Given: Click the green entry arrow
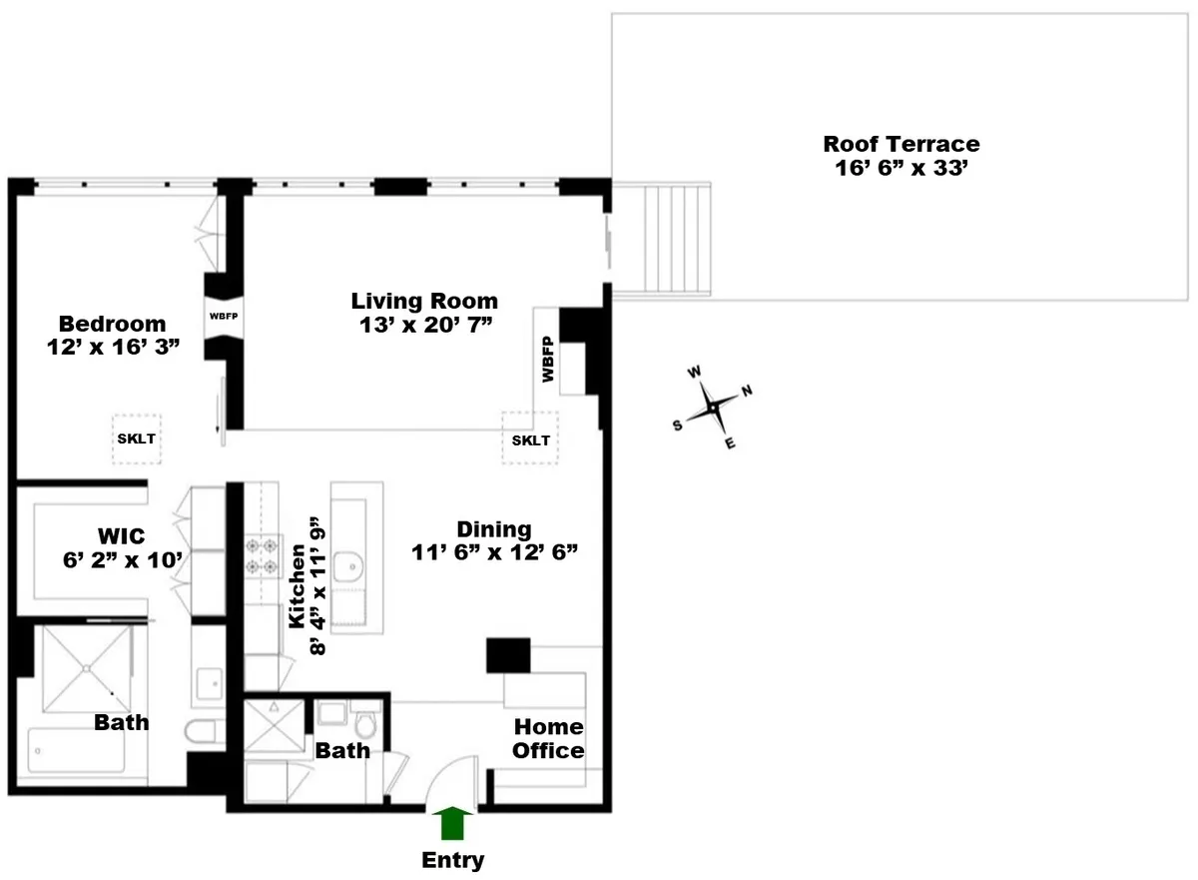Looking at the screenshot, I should coord(453,824).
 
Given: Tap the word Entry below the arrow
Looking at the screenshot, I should coord(453,860).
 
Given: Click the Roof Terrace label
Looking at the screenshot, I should coord(900,144).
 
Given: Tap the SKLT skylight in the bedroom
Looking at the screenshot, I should coord(138,439).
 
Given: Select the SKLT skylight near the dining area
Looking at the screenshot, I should coord(530,440).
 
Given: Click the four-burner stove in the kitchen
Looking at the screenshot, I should coord(262,556).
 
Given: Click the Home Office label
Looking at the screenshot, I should coord(548,738).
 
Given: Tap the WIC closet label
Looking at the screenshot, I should coord(122,537).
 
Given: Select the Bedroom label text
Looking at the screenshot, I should coord(112,324).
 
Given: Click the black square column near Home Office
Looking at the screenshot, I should coord(508,654).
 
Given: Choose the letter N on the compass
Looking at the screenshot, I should coord(747,391).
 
